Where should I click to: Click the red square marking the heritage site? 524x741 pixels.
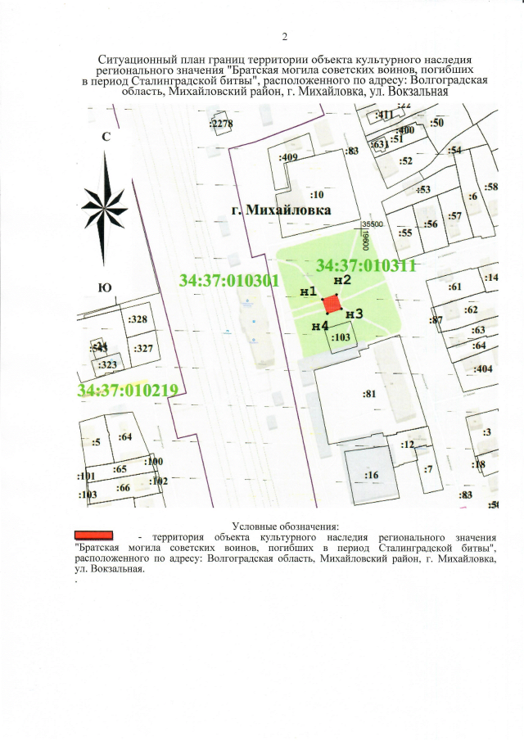[332, 305]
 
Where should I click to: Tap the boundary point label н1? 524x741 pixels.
[309, 292]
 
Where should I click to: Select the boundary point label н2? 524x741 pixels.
[342, 281]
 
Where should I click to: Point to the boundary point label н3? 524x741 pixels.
[354, 313]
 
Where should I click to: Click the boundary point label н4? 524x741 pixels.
[320, 326]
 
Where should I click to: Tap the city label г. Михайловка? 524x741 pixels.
[281, 210]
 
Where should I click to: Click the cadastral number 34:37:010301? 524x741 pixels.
[230, 281]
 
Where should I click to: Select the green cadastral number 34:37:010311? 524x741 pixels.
[367, 265]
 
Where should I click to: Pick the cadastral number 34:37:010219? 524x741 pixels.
[128, 390]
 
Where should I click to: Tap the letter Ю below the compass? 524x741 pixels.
[105, 287]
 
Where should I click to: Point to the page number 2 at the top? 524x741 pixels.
[284, 36]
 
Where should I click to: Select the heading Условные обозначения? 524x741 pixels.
[285, 526]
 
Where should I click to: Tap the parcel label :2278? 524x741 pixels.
[222, 124]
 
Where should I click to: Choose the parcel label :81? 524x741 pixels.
[368, 394]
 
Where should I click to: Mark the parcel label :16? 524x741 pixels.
[371, 475]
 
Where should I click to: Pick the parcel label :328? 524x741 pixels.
[138, 319]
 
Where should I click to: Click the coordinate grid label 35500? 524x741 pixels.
[373, 223]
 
